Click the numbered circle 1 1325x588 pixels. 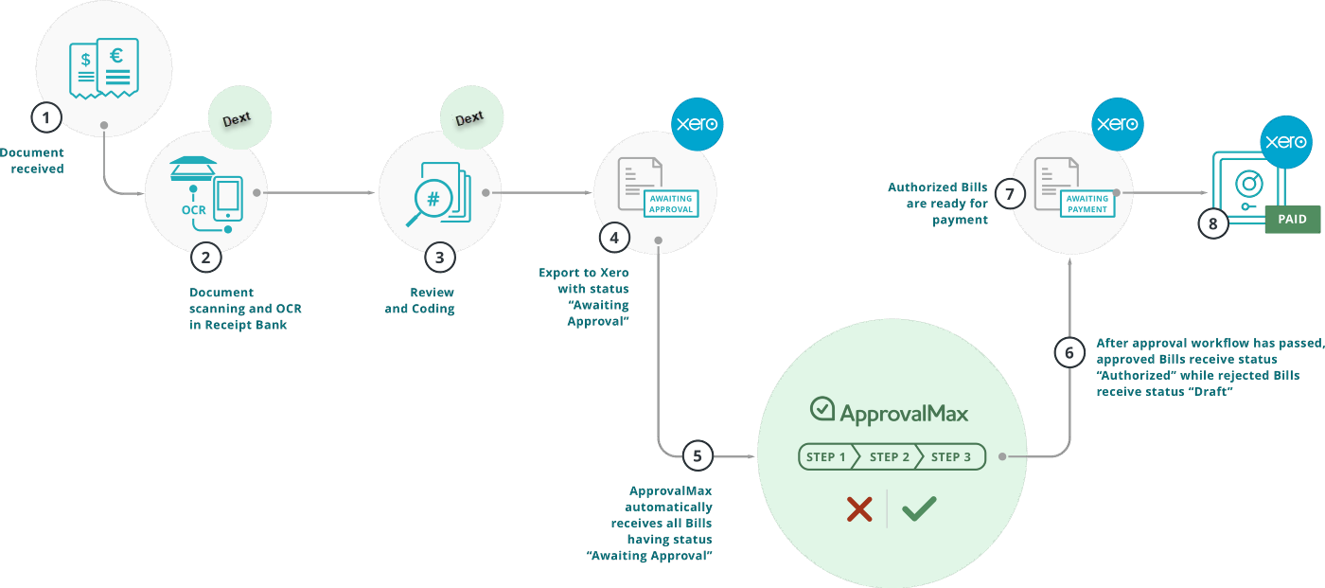click(45, 117)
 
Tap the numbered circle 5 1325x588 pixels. click(698, 455)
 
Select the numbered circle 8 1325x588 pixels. click(1213, 223)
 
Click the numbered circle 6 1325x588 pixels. click(1069, 352)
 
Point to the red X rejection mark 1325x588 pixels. click(858, 509)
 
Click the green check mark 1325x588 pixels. click(918, 508)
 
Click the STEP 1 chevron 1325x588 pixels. click(826, 457)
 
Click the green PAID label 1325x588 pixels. click(1292, 220)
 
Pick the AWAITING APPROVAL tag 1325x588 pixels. click(671, 204)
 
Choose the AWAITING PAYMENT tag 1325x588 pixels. click(1087, 204)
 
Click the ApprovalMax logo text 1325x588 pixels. click(890, 413)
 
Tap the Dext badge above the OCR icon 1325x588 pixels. click(238, 120)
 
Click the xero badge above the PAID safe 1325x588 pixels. click(1286, 142)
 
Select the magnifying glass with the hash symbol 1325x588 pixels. click(429, 205)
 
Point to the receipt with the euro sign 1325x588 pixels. click(117, 66)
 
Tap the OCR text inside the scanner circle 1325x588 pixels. click(194, 209)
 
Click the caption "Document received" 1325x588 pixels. click(33, 160)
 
